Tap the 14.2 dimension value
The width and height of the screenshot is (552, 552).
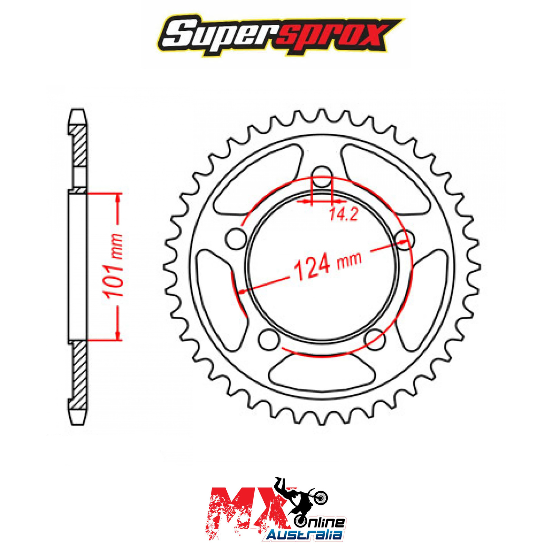(x=343, y=214)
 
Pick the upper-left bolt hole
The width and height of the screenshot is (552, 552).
(x=236, y=238)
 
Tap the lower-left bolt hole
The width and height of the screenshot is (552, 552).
(x=268, y=339)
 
